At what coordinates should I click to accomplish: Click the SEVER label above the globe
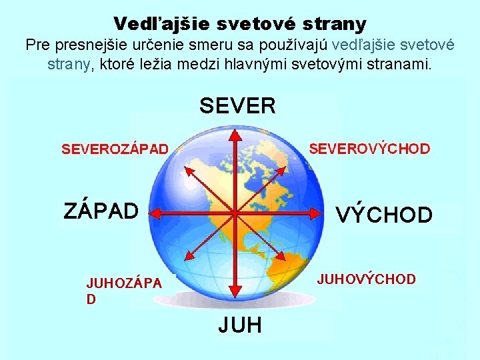click(237, 105)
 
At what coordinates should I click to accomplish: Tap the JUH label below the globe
click(240, 325)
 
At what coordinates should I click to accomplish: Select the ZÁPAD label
click(101, 211)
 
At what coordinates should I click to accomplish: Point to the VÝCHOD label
click(384, 215)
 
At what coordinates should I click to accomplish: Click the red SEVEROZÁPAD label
click(115, 149)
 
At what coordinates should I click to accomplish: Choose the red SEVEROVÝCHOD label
click(369, 149)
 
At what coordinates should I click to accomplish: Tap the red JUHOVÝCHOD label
click(366, 279)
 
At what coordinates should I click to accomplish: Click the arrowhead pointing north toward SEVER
click(235, 135)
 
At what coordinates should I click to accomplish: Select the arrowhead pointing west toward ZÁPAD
click(155, 213)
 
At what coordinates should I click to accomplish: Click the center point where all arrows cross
click(235, 213)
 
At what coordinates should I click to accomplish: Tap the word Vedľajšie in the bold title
click(155, 24)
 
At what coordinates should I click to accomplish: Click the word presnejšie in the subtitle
click(95, 45)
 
